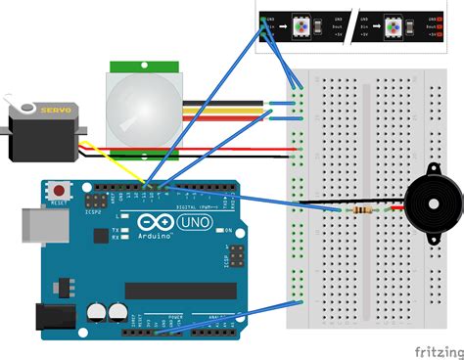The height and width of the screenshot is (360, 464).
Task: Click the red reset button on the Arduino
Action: (x=62, y=190)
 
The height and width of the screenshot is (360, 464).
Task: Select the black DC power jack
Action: (x=51, y=315)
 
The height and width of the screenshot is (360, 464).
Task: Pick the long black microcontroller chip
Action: (x=180, y=291)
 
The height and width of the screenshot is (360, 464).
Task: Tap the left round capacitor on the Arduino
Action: (x=96, y=312)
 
